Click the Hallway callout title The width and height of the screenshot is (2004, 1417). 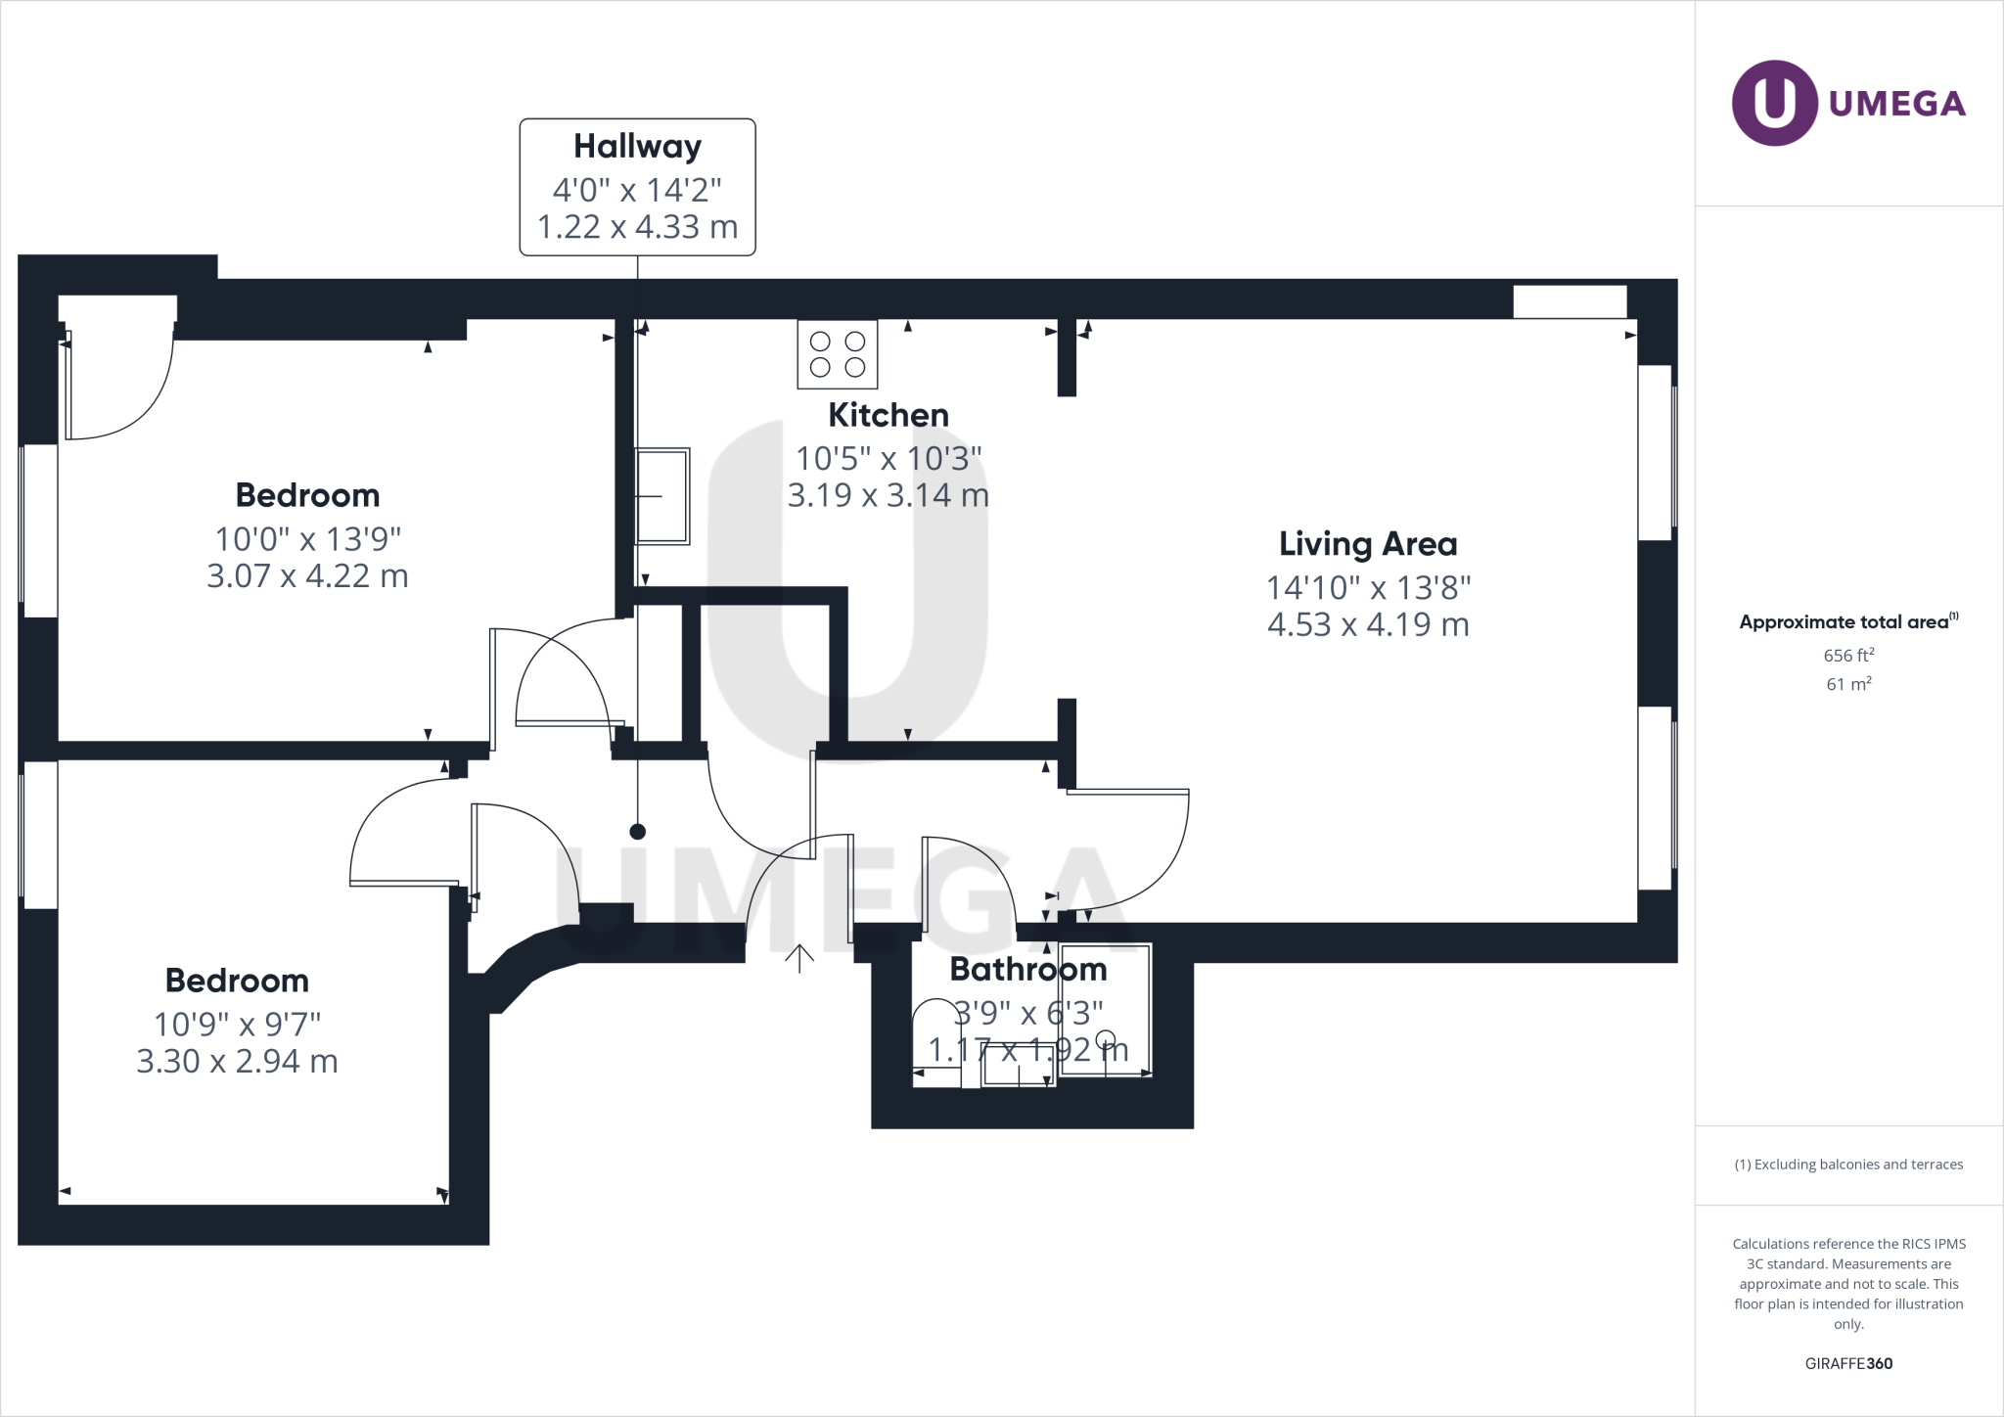(x=637, y=147)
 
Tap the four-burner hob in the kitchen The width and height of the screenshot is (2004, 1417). (x=838, y=354)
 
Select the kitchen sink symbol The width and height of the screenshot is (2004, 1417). (x=662, y=496)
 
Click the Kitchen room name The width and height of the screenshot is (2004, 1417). (x=888, y=415)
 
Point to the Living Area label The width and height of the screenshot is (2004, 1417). (x=1368, y=544)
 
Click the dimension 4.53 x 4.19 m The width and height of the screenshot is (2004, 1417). (x=1368, y=624)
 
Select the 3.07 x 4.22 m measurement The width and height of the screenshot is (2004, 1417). (x=307, y=575)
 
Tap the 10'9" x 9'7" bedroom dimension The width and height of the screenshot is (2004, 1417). (x=238, y=1024)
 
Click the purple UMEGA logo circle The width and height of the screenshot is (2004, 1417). (x=1774, y=103)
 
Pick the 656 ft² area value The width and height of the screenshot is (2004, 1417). (x=1848, y=656)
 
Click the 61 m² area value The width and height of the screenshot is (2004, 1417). (x=1848, y=684)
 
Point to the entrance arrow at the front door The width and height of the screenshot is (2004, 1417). (x=799, y=958)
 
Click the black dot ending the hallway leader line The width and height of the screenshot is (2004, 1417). (x=638, y=832)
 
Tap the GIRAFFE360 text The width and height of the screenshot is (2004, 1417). (x=1848, y=1363)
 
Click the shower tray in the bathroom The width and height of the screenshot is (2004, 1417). (x=1106, y=1010)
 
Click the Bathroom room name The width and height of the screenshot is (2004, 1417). (x=1028, y=970)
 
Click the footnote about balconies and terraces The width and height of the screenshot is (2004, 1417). (x=1848, y=1165)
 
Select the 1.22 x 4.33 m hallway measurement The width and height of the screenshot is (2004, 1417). (x=637, y=227)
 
